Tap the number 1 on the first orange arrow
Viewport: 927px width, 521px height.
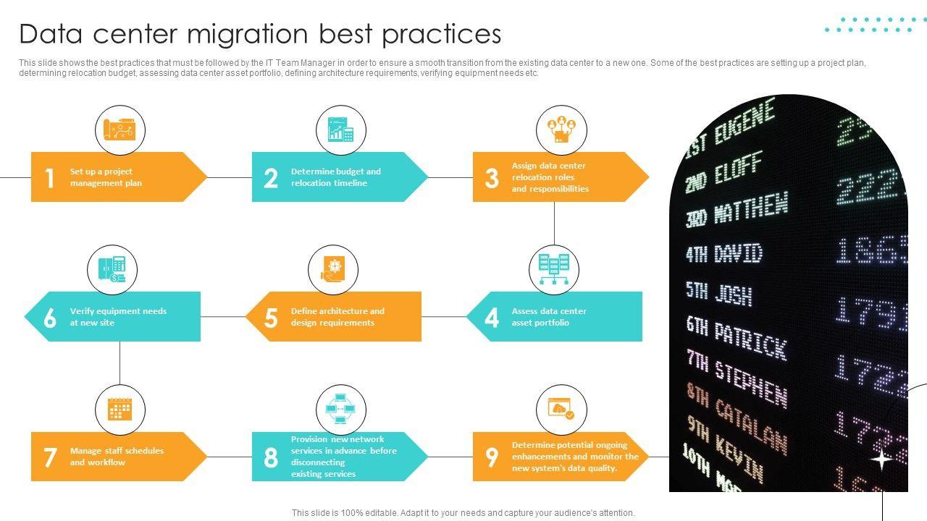49,178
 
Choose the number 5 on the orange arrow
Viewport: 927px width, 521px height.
271,318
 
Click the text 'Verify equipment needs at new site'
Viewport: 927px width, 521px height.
118,317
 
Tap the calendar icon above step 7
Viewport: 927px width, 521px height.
119,410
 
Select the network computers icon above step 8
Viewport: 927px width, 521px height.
340,410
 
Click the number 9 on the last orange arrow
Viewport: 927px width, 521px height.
492,457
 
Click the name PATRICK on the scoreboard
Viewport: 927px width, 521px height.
750,340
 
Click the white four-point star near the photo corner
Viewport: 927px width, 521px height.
881,459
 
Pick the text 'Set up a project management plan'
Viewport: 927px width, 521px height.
106,177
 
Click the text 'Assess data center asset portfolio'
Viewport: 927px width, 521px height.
549,317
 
